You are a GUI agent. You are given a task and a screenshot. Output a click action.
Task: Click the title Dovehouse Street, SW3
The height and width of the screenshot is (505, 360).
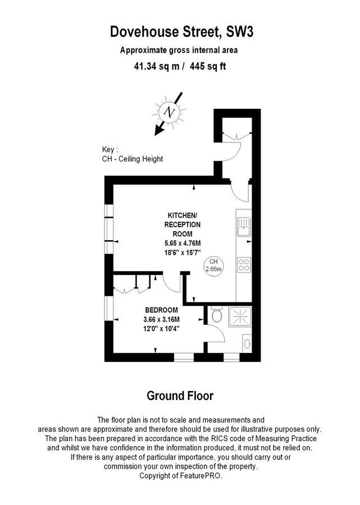[181, 32]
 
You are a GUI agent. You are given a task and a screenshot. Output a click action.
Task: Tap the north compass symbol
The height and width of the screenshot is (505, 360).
[169, 112]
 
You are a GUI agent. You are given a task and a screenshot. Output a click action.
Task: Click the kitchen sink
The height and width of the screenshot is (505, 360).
[244, 227]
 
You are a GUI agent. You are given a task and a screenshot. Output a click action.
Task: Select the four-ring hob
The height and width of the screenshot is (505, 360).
[244, 265]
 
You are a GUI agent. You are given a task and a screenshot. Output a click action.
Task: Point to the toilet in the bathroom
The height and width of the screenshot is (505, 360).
[217, 314]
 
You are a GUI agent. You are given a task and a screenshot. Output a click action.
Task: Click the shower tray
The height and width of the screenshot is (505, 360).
[240, 316]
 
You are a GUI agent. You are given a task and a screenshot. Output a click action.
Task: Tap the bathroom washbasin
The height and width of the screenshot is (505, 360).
[247, 343]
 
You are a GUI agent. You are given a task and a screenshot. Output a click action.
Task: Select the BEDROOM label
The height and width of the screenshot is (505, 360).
[161, 310]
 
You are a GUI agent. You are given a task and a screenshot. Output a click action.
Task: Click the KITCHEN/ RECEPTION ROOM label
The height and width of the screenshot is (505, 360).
[183, 224]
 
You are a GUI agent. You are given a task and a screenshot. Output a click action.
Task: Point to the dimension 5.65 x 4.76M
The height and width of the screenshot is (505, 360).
[183, 243]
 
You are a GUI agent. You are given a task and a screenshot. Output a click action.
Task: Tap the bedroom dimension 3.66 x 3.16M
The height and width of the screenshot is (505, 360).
[161, 319]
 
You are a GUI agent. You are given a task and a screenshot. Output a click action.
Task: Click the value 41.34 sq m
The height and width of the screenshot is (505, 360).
[157, 66]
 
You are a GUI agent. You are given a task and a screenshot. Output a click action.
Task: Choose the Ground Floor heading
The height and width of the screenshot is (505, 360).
[180, 396]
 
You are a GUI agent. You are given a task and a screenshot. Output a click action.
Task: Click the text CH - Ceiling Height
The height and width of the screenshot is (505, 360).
[133, 159]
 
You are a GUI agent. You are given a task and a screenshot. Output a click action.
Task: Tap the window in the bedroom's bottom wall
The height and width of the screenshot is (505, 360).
[184, 357]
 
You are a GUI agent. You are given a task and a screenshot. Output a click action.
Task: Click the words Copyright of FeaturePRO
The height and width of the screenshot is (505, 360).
[180, 476]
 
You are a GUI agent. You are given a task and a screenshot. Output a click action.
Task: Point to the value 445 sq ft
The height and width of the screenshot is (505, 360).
[208, 66]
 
